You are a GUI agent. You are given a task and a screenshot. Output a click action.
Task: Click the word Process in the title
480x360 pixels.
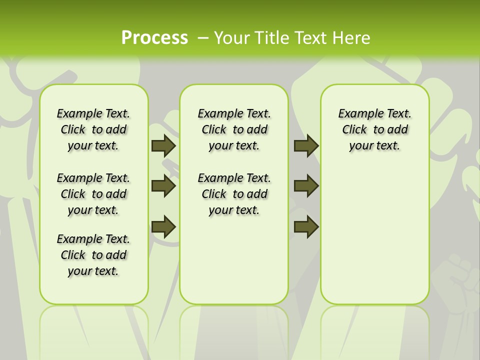(154, 37)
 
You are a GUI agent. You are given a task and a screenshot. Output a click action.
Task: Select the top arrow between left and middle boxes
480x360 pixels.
(163, 146)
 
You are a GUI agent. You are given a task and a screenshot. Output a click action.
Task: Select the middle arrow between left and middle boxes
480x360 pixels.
(163, 186)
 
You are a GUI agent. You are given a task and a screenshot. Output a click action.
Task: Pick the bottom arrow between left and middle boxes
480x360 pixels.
(163, 226)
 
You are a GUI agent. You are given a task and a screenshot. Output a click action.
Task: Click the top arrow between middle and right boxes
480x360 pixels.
(306, 146)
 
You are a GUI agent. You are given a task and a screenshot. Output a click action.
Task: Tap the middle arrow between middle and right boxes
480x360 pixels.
(306, 186)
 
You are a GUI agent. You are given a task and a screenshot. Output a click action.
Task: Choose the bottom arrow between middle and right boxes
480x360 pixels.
(306, 226)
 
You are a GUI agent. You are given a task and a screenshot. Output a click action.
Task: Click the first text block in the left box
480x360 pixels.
(93, 129)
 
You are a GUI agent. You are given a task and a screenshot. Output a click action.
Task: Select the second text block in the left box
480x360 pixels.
(93, 194)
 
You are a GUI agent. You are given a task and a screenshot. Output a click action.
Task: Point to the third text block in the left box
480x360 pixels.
(93, 255)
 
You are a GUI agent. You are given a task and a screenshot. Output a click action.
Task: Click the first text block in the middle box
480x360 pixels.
(234, 129)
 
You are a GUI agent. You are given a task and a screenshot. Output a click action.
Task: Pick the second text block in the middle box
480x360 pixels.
(234, 194)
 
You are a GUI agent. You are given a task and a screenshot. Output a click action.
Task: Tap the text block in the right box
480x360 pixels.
(374, 129)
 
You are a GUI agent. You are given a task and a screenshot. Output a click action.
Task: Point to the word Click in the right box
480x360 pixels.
(354, 130)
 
